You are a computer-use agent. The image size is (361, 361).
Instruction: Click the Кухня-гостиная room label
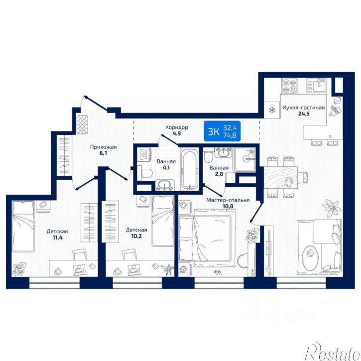click(304, 108)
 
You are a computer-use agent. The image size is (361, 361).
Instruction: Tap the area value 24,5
click(303, 113)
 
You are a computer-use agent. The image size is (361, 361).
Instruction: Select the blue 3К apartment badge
click(222, 131)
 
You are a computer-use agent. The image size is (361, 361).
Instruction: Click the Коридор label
click(177, 127)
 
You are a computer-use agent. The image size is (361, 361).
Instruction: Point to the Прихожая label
click(104, 147)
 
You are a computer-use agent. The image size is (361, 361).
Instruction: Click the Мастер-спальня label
click(228, 200)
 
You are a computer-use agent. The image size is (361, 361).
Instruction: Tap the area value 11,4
click(58, 238)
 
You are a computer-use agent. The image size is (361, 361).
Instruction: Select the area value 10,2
click(137, 236)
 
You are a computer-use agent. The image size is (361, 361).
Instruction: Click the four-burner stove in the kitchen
click(289, 86)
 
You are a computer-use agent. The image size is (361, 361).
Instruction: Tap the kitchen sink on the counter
click(316, 85)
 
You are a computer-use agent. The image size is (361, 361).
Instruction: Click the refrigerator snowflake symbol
click(272, 110)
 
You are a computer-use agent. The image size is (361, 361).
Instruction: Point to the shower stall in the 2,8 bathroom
click(244, 159)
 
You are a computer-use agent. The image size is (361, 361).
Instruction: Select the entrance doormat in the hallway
click(82, 124)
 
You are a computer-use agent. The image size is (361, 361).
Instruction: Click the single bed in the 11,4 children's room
click(23, 226)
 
